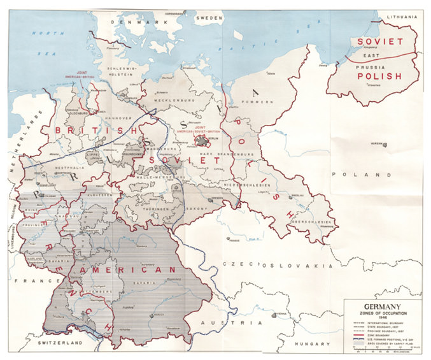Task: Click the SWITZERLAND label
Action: (x=58, y=343)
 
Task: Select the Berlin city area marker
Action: (x=202, y=141)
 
